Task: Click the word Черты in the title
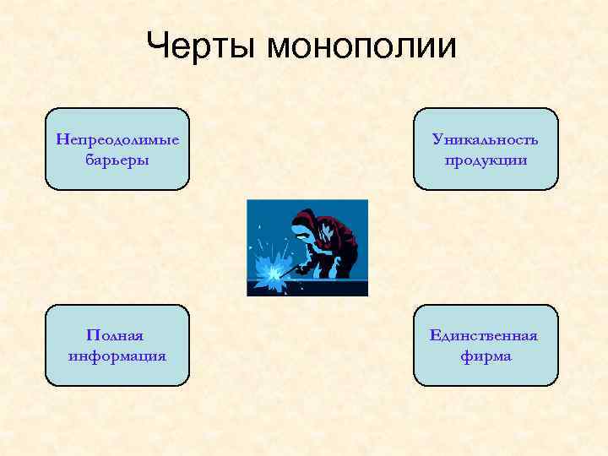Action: pyautogui.click(x=202, y=46)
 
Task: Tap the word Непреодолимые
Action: pyautogui.click(x=117, y=138)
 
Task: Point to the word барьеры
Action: pyautogui.click(x=117, y=159)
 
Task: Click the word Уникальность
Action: pyautogui.click(x=485, y=138)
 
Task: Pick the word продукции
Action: pyautogui.click(x=485, y=160)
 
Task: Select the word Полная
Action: pyautogui.click(x=117, y=335)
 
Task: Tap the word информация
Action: pyautogui.click(x=117, y=356)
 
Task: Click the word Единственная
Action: pyautogui.click(x=485, y=335)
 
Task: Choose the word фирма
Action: pyautogui.click(x=486, y=356)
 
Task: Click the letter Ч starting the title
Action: pyautogui.click(x=157, y=46)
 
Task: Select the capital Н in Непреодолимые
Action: pyautogui.click(x=60, y=138)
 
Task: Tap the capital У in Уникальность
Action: pyautogui.click(x=436, y=138)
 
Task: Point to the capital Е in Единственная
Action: pyautogui.click(x=435, y=335)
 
